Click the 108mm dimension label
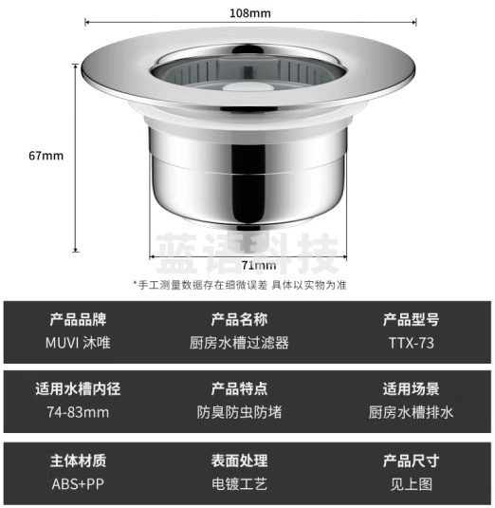[250, 13]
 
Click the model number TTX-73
[412, 344]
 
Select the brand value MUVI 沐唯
[79, 344]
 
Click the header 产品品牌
[79, 320]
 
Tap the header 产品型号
[412, 320]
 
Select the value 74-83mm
[78, 412]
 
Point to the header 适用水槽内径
[79, 388]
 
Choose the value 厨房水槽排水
[412, 412]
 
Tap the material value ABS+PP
[79, 484]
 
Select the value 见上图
[412, 484]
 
